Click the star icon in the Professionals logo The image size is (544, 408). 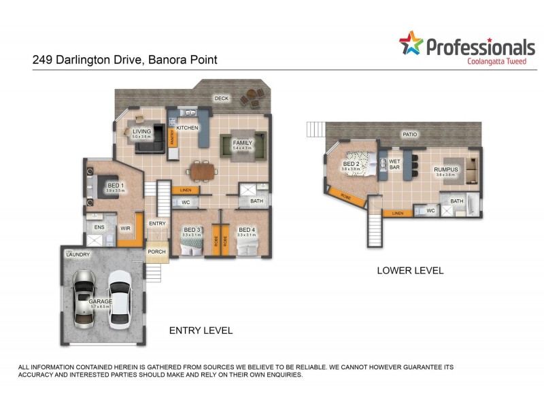pos(411,43)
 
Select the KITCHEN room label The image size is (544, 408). pos(187,128)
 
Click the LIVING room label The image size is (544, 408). pos(141,131)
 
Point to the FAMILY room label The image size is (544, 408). pos(242,143)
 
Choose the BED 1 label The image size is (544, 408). pos(115,185)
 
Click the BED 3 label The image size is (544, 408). pos(192,230)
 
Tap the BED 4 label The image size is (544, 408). pos(246,230)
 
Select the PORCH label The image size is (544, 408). pos(157,252)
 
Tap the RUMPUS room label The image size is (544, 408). pos(446,169)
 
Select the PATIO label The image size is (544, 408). pos(409,134)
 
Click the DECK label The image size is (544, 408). pos(222,98)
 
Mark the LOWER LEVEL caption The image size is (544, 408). pos(410,271)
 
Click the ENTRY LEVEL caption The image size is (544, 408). pos(201,330)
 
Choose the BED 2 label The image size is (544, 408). pos(351,164)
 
